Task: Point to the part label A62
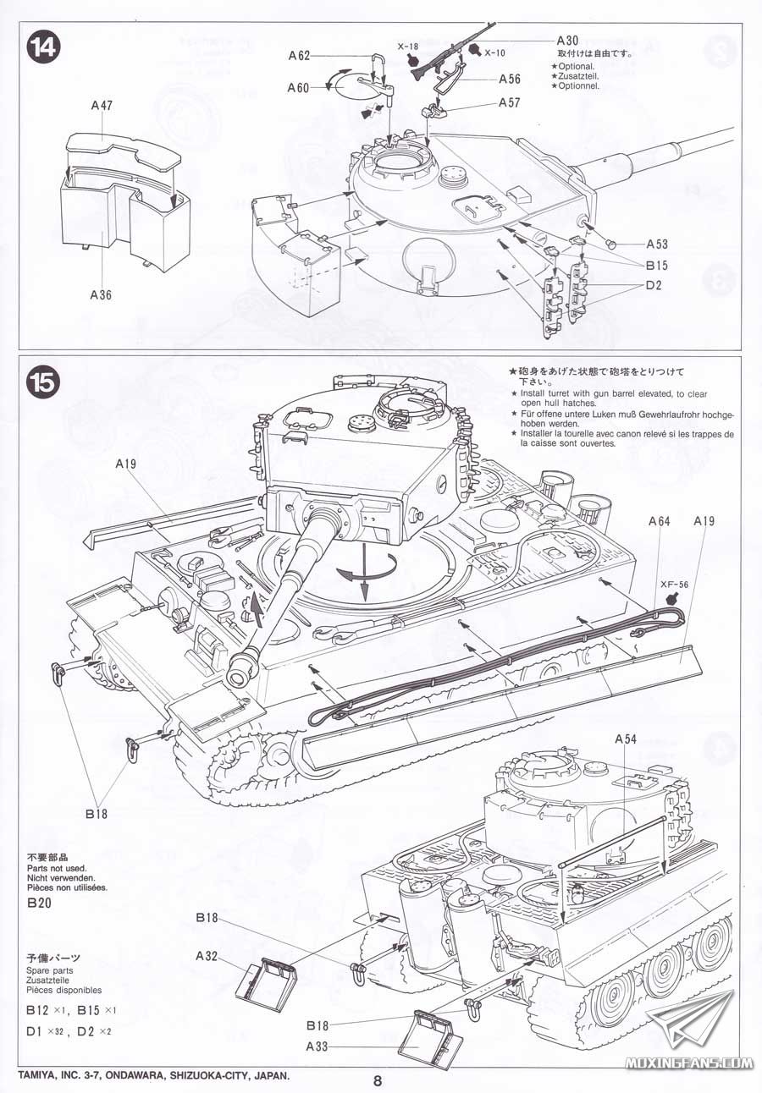[300, 56]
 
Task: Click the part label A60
[298, 87]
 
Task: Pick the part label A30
[568, 41]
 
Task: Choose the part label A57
[510, 102]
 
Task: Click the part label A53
[656, 244]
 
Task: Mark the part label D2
[652, 285]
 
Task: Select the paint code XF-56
[674, 583]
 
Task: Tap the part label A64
[660, 521]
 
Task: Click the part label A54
[625, 739]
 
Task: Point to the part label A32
[207, 956]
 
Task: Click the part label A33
[317, 1046]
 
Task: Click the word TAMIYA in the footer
[39, 1077]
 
